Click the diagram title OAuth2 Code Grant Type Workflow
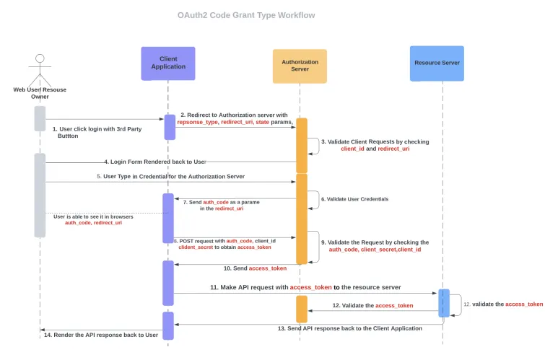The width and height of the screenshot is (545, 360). [246, 15]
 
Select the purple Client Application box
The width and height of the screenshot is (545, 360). [168, 63]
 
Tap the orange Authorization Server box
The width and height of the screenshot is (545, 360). [300, 66]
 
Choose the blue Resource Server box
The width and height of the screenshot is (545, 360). [437, 63]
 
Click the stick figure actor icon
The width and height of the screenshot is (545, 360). [40, 69]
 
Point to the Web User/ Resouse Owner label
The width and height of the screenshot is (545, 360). [40, 93]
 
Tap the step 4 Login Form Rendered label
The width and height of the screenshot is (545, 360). [154, 162]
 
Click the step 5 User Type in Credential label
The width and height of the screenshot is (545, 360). [170, 176]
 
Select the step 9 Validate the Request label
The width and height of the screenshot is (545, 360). [374, 246]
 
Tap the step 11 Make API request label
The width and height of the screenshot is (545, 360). [305, 287]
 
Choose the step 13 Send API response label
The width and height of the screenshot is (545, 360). [349, 328]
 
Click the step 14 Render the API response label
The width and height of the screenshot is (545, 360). [100, 335]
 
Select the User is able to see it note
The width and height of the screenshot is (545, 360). [93, 219]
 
